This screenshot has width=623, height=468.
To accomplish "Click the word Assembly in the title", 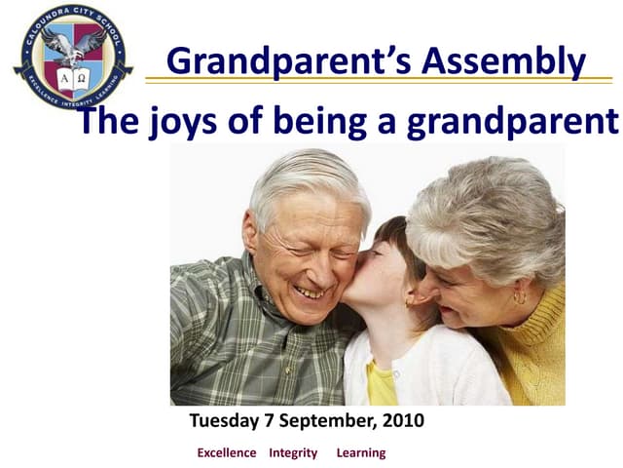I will (506, 60).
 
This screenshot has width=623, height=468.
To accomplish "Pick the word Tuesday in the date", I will (223, 422).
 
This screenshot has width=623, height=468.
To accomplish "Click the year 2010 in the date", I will (402, 422).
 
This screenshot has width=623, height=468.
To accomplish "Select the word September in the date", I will (322, 422).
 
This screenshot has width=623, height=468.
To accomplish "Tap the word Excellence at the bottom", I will (227, 452).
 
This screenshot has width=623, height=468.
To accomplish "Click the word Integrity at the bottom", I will (293, 452).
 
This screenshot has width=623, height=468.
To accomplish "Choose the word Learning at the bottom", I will (361, 452).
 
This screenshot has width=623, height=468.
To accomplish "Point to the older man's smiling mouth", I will (311, 291).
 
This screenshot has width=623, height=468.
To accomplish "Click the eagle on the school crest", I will (72, 43).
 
